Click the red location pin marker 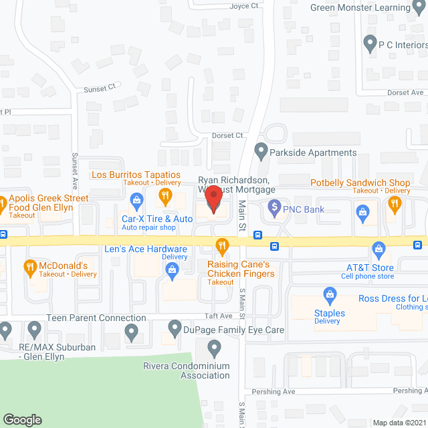tap(213, 199)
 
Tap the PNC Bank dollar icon tap(273, 209)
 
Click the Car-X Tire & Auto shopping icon tap(136, 199)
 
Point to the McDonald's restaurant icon tap(29, 268)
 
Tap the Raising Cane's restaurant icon tap(221, 245)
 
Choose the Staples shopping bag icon tap(329, 294)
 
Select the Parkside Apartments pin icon tap(261, 152)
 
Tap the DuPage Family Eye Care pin tap(173, 330)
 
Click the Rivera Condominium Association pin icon tap(214, 347)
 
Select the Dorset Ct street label tap(227, 135)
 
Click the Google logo tap(21, 420)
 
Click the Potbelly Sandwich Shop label tap(360, 183)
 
